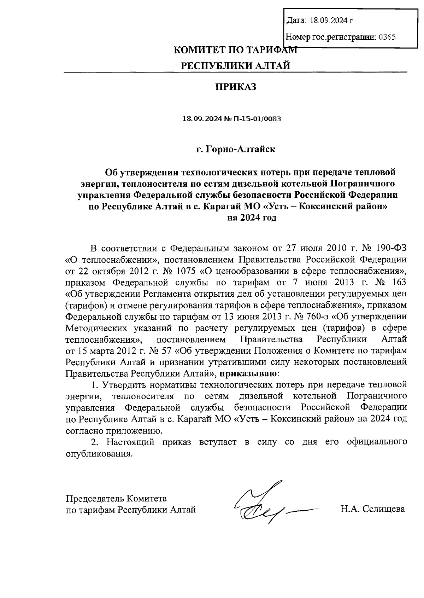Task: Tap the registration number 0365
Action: point(387,37)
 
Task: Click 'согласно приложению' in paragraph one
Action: point(114,431)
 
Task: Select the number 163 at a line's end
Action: point(398,282)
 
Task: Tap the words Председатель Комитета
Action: point(116,499)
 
